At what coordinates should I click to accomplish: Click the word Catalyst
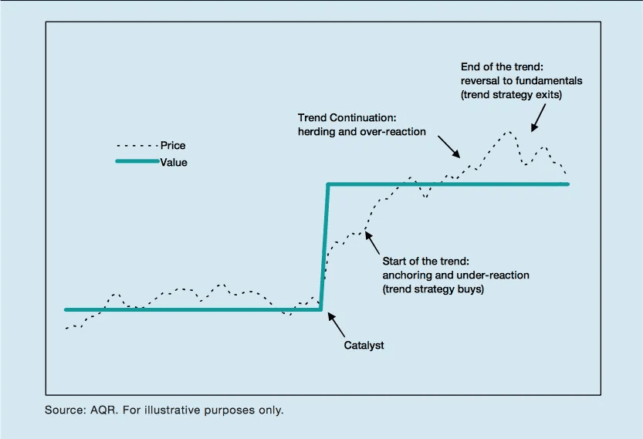[364, 346]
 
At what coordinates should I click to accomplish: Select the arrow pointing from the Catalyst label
[337, 324]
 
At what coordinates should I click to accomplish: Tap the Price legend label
[173, 145]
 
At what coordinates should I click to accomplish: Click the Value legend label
[174, 163]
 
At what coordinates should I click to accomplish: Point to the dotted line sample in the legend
[137, 145]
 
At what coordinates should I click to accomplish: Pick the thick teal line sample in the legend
[137, 162]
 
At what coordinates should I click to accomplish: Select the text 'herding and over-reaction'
[362, 131]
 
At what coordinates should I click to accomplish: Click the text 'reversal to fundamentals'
[521, 80]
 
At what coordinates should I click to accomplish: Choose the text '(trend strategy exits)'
[511, 95]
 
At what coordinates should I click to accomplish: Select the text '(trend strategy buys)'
[433, 289]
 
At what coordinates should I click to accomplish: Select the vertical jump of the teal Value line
[325, 247]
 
